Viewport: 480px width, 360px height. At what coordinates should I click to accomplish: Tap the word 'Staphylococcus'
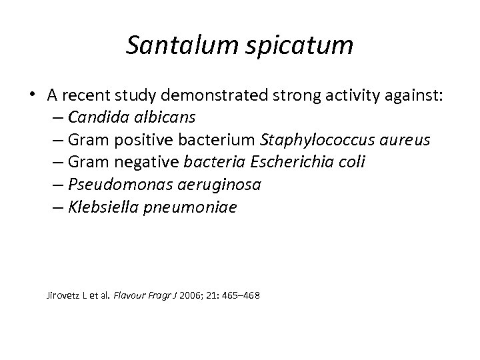click(x=309, y=141)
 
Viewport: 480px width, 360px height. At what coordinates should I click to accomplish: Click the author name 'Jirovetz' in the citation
click(x=63, y=294)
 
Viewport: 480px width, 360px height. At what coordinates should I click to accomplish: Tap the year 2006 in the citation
click(x=190, y=294)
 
